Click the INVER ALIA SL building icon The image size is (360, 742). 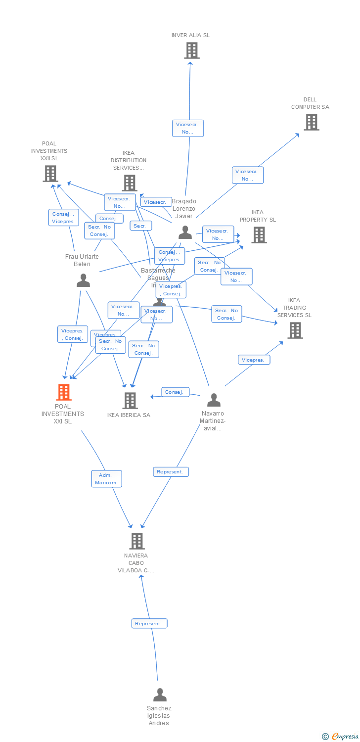click(x=191, y=50)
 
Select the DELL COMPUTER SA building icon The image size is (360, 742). click(x=311, y=122)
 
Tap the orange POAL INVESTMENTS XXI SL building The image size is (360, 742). click(x=63, y=392)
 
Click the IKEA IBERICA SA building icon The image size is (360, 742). click(x=130, y=401)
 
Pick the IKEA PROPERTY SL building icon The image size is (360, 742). click(x=259, y=235)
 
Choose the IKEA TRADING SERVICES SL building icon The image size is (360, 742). click(x=295, y=330)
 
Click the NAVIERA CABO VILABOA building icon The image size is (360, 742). click(x=137, y=541)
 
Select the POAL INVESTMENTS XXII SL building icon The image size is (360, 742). click(x=50, y=174)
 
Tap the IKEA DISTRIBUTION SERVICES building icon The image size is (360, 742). click(x=129, y=183)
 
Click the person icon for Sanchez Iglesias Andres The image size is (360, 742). click(x=160, y=695)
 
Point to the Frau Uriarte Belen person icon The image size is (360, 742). click(x=83, y=280)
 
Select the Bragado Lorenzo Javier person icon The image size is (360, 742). click(x=185, y=232)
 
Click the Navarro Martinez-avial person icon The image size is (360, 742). click(x=214, y=400)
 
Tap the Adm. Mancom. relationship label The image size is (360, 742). click(x=106, y=479)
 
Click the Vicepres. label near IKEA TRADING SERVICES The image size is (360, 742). click(x=253, y=360)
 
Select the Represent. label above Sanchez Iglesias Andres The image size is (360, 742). click(x=149, y=623)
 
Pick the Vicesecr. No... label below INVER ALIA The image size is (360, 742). click(x=187, y=129)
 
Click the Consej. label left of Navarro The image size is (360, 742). click(x=175, y=392)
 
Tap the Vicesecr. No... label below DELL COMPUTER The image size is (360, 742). click(x=247, y=175)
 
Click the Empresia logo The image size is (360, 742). click(x=341, y=737)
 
